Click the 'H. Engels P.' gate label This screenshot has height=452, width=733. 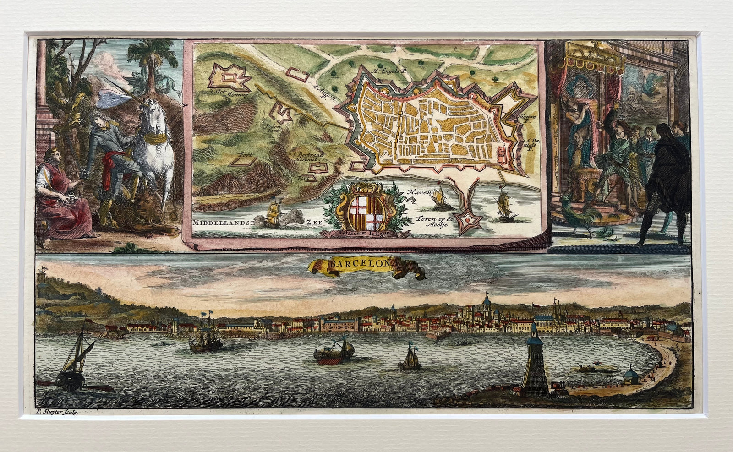(389, 71)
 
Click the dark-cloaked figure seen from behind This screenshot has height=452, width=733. (662, 179)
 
